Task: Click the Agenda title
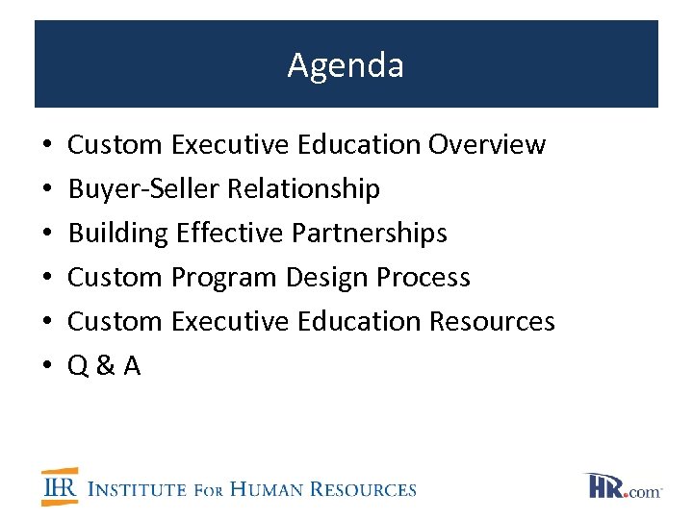point(346,65)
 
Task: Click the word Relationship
point(303,189)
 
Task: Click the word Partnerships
point(370,234)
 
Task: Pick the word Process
point(423,278)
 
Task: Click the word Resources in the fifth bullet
point(492,321)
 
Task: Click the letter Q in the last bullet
point(78,366)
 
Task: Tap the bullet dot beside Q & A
point(47,366)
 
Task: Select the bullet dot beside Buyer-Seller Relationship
point(47,189)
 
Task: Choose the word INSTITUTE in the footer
point(137,489)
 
